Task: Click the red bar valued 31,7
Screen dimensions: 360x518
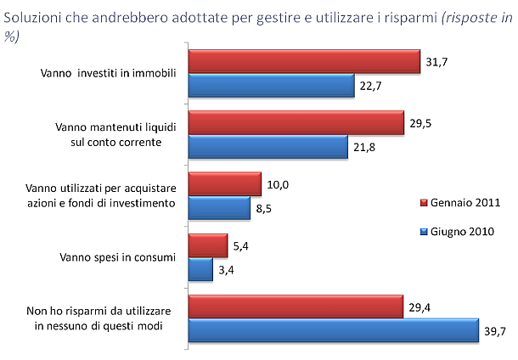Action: coord(304,61)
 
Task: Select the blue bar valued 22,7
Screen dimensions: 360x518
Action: coord(271,85)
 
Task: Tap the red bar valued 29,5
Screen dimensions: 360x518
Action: coord(296,123)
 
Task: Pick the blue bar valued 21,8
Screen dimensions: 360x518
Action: coord(267,147)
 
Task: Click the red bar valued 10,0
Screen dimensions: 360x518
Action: coord(224,184)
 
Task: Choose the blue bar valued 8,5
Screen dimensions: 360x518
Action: coord(218,208)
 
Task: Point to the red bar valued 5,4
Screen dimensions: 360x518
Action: coord(207,246)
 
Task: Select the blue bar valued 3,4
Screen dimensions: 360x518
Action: coord(200,269)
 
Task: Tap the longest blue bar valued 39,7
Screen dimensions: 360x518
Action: coord(333,330)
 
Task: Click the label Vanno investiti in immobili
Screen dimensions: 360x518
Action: coord(108,73)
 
